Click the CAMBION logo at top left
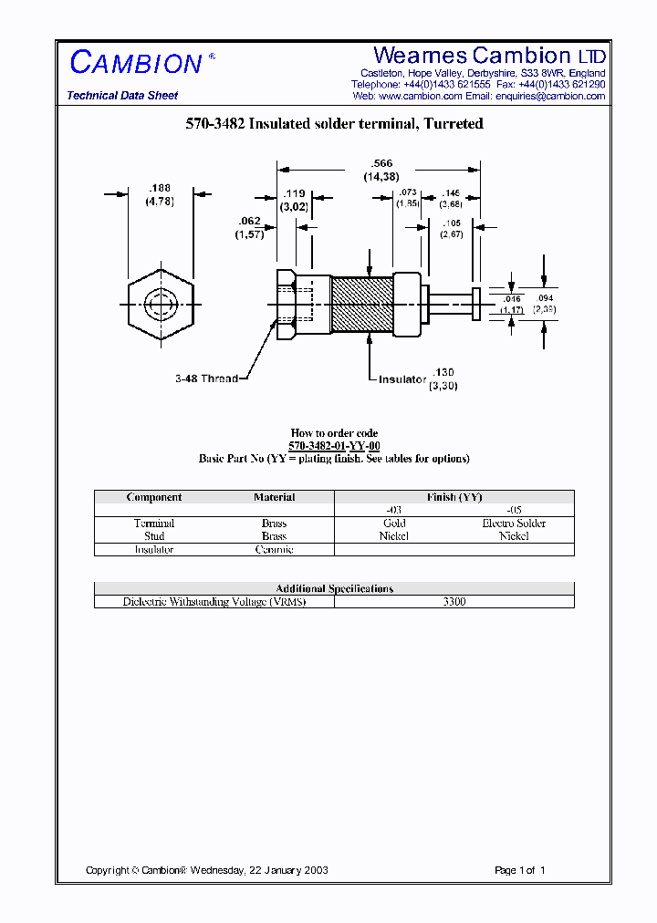pyautogui.click(x=136, y=63)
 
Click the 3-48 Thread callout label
pyautogui.click(x=206, y=379)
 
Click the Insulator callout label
pyautogui.click(x=402, y=379)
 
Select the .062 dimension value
pyautogui.click(x=250, y=222)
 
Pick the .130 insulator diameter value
pyautogui.click(x=443, y=373)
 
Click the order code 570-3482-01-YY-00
pyautogui.click(x=334, y=445)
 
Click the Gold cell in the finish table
pyautogui.click(x=394, y=524)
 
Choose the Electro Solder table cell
pyautogui.click(x=514, y=524)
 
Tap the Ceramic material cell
pyautogui.click(x=274, y=549)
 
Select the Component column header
pyautogui.click(x=154, y=497)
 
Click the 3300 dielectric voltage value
pyautogui.click(x=454, y=602)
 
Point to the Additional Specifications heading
pyautogui.click(x=334, y=588)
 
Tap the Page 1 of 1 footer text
pyautogui.click(x=519, y=870)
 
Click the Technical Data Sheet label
pyautogui.click(x=122, y=96)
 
